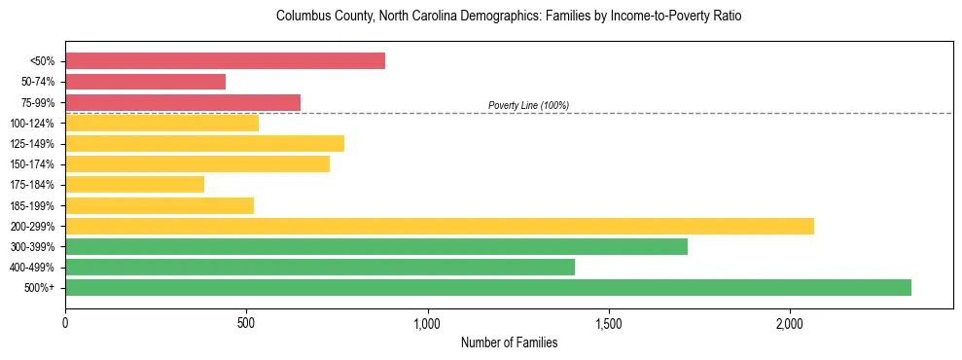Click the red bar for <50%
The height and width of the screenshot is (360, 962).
[225, 61]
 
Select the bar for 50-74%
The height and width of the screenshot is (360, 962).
[145, 82]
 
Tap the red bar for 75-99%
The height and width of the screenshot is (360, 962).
[183, 102]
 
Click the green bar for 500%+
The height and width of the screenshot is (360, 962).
[487, 287]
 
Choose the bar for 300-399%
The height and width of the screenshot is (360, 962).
[375, 246]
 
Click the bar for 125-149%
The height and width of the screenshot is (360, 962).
[204, 144]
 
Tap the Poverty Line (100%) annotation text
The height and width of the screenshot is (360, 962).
[528, 105]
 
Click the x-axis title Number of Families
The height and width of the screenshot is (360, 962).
[509, 342]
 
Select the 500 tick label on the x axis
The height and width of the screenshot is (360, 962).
[246, 323]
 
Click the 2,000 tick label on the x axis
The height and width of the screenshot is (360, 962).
[789, 323]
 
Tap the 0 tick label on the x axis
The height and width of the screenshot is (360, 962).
[65, 323]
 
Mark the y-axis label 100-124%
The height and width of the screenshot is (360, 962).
[32, 124]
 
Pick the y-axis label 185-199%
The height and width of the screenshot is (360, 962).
[32, 205]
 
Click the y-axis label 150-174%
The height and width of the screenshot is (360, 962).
[32, 164]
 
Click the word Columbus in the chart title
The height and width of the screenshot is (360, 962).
[302, 17]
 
